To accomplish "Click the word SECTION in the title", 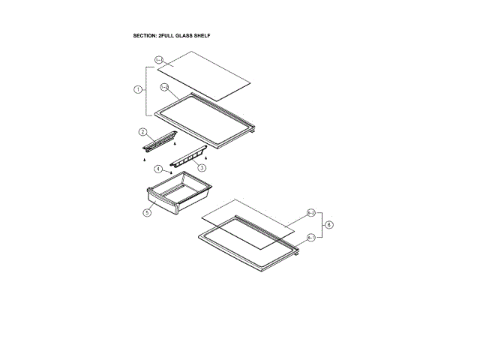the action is pos(145,35).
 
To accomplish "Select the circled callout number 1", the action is pos(138,89).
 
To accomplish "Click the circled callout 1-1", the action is pos(159,59).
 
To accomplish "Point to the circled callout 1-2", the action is pos(163,88).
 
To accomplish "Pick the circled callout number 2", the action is pos(142,132).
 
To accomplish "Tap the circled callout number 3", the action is pos(202,168).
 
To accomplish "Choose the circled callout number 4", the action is pos(158,169).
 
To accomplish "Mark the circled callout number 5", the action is pos(148,212).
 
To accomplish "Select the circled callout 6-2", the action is pos(310,213).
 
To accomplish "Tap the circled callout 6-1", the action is pos(310,238).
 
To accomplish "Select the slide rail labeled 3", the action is pos(187,157).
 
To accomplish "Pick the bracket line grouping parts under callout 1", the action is pos(145,89).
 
